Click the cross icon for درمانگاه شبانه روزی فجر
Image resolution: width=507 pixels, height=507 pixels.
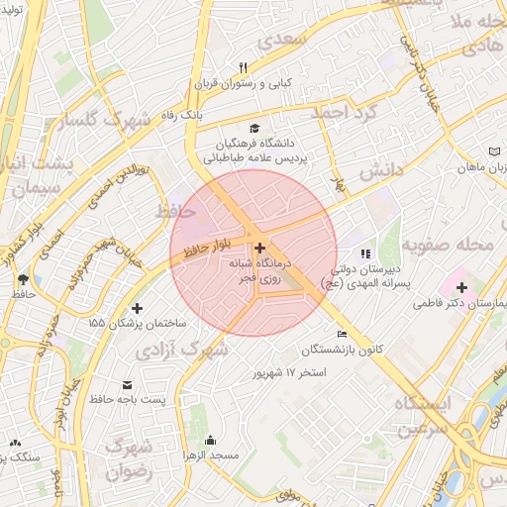point(259,248)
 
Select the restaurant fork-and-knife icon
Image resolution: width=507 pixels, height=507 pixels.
point(241,66)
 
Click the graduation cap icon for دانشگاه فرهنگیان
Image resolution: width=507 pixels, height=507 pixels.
point(256,129)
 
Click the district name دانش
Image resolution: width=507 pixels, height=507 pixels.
point(380,171)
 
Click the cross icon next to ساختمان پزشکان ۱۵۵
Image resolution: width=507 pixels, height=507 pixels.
point(137,308)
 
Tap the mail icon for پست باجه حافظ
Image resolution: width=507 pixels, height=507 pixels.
point(126,384)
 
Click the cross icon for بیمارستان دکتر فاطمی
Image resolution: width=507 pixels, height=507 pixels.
point(461,287)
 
